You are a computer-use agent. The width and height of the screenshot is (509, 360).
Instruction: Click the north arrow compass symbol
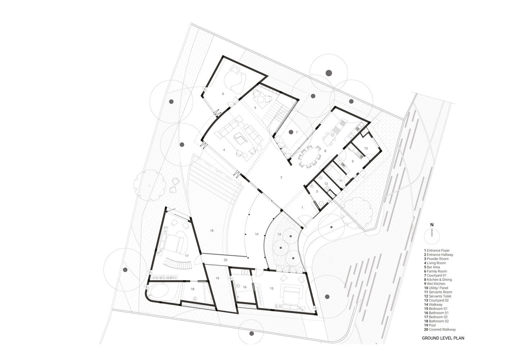432,236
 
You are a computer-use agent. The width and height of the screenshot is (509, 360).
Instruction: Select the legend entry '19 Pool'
430,325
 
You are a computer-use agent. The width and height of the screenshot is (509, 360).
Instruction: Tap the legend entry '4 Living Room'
435,263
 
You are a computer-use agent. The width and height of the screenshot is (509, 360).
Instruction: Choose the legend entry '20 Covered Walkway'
440,329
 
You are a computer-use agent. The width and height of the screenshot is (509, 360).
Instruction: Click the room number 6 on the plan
223,94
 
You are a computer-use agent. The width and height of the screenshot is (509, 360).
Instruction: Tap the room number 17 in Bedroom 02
187,256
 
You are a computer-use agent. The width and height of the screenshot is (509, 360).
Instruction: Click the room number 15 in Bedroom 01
272,288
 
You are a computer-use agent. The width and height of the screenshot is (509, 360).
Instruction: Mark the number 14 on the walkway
257,234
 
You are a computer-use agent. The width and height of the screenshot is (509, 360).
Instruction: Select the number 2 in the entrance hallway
281,177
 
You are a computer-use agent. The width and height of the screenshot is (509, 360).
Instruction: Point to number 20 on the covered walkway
225,260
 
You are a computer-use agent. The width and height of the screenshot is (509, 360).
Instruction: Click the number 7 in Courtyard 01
297,132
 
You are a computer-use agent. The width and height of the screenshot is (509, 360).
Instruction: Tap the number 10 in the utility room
366,148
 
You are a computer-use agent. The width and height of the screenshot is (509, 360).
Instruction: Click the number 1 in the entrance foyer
302,207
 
